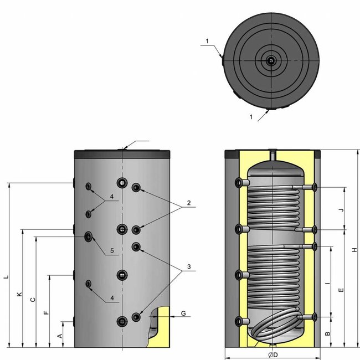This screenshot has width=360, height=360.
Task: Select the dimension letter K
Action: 19,295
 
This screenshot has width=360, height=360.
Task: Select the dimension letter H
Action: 354,250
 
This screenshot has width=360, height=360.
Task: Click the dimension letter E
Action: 341,290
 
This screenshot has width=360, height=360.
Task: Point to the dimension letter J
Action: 341,210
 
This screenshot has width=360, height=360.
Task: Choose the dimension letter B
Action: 328,334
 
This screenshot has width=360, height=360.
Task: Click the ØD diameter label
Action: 271,354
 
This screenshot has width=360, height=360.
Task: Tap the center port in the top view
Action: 269,61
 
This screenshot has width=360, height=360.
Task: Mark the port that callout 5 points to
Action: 88,237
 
